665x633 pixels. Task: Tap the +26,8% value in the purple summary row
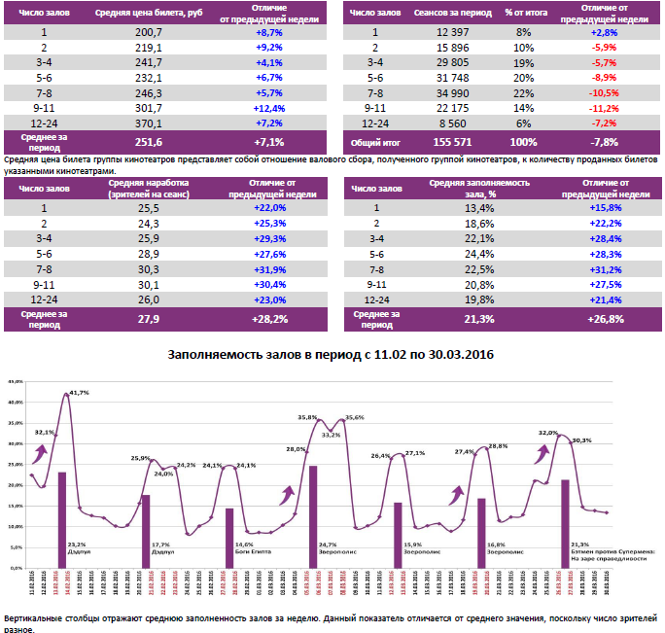pyautogui.click(x=605, y=318)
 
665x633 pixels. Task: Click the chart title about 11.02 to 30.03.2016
pyautogui.click(x=332, y=356)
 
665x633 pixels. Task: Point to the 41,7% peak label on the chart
pyautogui.click(x=79, y=393)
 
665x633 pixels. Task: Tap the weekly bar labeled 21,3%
pyautogui.click(x=565, y=521)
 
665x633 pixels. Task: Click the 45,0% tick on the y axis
pyautogui.click(x=15, y=382)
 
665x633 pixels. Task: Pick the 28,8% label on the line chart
pyautogui.click(x=497, y=446)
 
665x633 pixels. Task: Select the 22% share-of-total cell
pyautogui.click(x=523, y=92)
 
